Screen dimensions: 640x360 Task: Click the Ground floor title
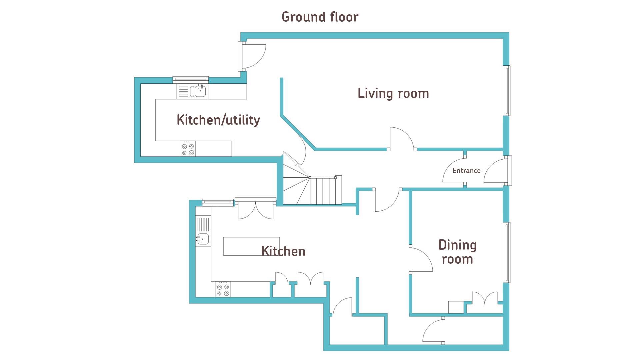pos(320,17)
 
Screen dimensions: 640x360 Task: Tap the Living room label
pos(393,93)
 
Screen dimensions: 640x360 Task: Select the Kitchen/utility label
pos(218,120)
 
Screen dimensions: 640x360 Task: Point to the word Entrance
pos(466,171)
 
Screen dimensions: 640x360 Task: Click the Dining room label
pos(457,252)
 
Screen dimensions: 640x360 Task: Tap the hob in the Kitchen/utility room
pos(188,149)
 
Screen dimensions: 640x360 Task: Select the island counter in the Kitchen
pos(251,246)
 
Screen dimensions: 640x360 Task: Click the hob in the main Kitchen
pos(223,289)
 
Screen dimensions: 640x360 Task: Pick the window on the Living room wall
pos(507,91)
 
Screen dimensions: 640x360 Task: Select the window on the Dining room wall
pos(507,253)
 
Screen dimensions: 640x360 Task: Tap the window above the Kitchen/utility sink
pos(191,80)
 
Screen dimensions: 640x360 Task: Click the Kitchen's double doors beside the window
pos(256,208)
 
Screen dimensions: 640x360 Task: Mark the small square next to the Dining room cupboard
pos(456,307)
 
